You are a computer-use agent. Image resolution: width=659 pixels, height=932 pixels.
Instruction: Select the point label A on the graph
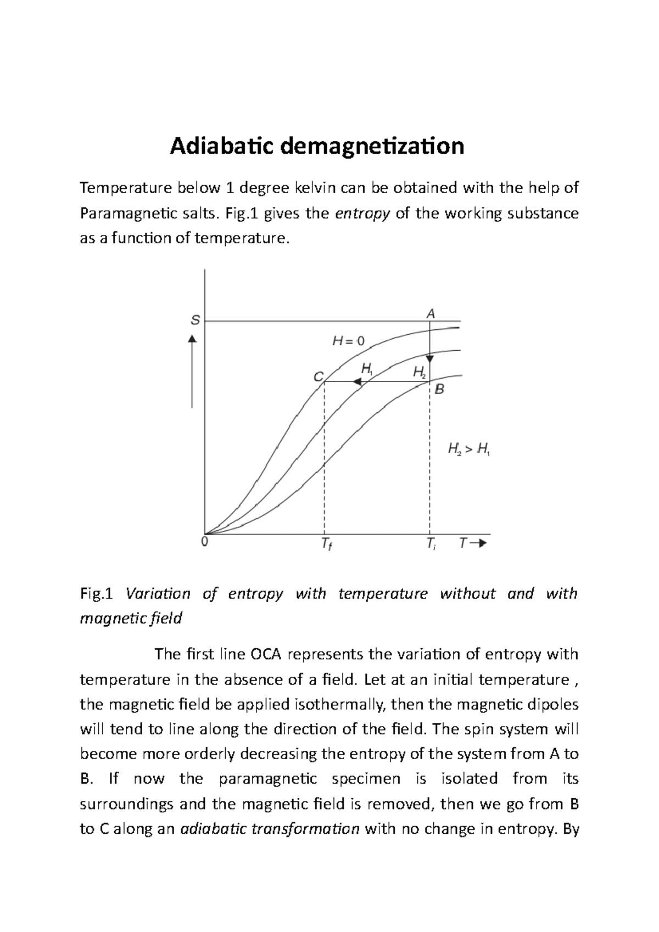[431, 313]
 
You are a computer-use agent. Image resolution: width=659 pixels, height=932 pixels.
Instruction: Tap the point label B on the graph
[439, 390]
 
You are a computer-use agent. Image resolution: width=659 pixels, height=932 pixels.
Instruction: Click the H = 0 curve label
[348, 341]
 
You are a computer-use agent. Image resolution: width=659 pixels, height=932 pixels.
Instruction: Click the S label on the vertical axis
[194, 321]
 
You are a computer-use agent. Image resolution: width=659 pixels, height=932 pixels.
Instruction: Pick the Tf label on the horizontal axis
[326, 545]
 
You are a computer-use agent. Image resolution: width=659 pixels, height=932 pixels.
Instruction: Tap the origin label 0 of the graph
[204, 542]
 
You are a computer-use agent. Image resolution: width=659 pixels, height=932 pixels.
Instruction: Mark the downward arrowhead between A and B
[430, 358]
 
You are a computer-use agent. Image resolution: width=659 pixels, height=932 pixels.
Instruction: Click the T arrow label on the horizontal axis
[473, 543]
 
